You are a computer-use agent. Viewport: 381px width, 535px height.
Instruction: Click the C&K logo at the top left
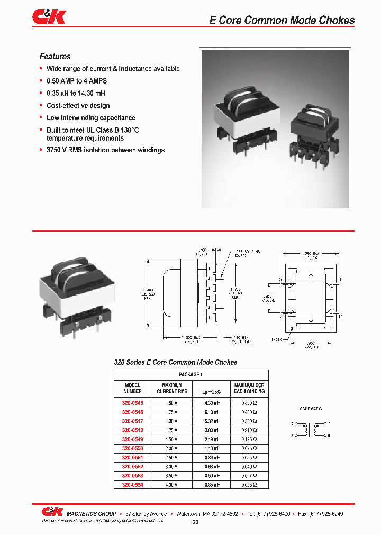(x=49, y=17)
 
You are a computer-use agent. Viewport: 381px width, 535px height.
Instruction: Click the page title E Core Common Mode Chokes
(x=282, y=20)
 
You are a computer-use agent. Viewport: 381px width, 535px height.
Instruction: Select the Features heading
(x=55, y=57)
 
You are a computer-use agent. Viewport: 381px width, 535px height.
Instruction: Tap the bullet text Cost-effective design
(x=78, y=106)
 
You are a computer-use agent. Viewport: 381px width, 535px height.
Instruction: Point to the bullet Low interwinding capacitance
(x=90, y=118)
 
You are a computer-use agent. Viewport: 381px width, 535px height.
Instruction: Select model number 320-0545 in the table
(x=133, y=402)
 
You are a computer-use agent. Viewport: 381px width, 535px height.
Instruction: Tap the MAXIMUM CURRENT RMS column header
(x=171, y=388)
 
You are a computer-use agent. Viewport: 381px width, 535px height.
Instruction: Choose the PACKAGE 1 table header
(x=191, y=374)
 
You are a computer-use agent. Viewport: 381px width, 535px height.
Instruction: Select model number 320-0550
(x=133, y=447)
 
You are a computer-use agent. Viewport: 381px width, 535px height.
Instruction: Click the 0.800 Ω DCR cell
(x=249, y=402)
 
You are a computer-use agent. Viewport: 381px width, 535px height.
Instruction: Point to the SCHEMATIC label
(x=311, y=409)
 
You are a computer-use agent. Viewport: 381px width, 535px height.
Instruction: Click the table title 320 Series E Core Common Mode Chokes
(x=176, y=362)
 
